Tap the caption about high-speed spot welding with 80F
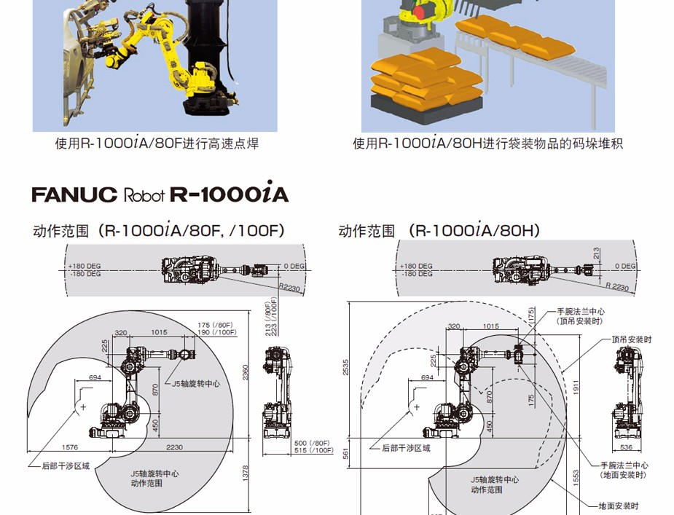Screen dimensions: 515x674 [x=157, y=144]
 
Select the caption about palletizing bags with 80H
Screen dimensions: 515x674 [x=488, y=144]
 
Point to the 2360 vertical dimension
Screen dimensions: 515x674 [x=246, y=373]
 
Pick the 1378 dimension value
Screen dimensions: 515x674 [x=246, y=476]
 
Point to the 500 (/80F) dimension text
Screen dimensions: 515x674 [x=310, y=442]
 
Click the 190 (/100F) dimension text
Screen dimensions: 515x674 [x=216, y=332]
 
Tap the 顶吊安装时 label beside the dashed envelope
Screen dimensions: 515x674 [x=631, y=339]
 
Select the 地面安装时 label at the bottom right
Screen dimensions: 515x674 [x=618, y=506]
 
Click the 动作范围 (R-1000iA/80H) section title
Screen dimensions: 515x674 [x=439, y=231]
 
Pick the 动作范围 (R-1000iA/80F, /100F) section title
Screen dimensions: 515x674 [x=158, y=231]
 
